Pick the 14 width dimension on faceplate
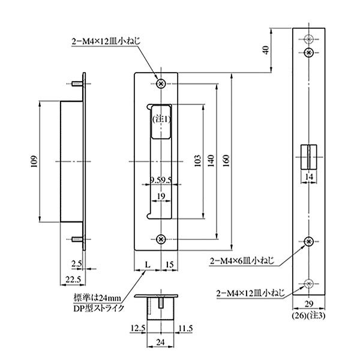click(x=308, y=178)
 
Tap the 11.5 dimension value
click(x=185, y=327)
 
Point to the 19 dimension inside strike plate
click(x=161, y=196)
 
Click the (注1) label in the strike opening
click(x=161, y=119)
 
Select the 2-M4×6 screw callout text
click(x=243, y=261)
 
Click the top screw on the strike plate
click(x=161, y=84)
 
